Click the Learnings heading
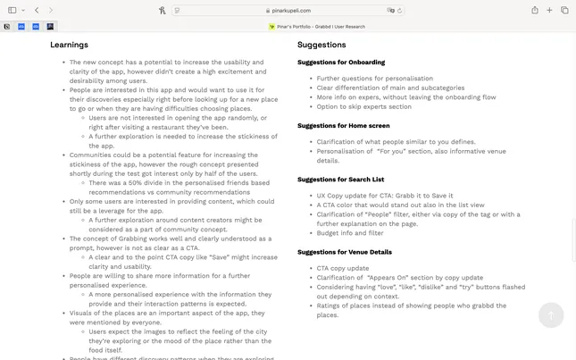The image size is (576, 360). pos(69,45)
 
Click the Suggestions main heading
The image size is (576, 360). pos(321,45)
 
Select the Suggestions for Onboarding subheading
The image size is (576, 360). pos(341,63)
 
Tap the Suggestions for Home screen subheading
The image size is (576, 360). pos(344,126)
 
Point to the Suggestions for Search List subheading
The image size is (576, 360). pos(342,180)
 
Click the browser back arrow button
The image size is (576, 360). pos(37,10)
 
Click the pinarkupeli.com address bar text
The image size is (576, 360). pos(290,11)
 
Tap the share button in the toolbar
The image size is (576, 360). pos(535,10)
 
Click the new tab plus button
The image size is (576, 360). pos(550,10)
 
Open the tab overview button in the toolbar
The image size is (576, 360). pos(564,10)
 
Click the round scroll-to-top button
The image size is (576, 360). pos(551,314)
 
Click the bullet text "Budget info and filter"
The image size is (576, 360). pos(351,233)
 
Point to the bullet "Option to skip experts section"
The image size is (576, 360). pos(363,106)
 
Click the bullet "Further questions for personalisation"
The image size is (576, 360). pos(374,79)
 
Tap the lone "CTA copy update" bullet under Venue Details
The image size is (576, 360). pos(342,268)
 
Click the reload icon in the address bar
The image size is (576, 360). pos(399,11)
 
